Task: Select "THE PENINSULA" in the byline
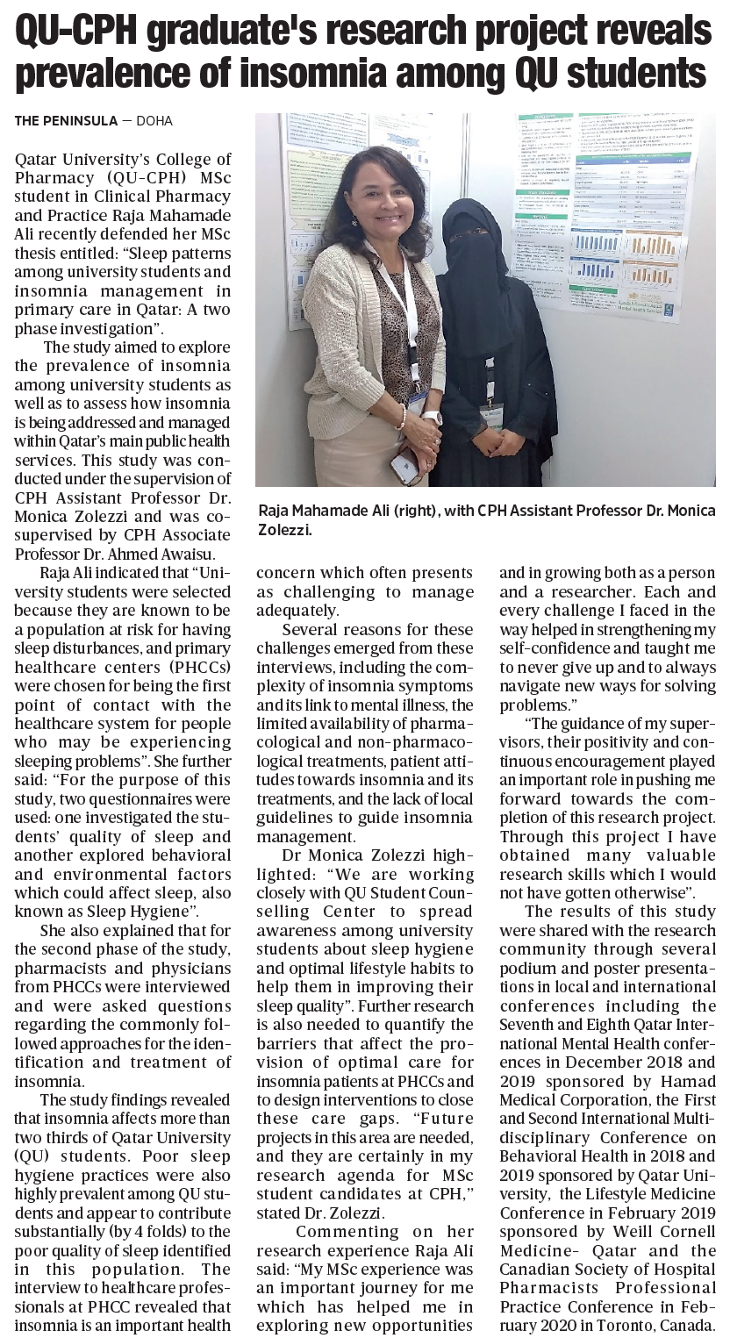[x=65, y=121]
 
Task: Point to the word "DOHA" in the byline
[x=155, y=121]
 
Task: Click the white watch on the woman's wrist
[x=433, y=418]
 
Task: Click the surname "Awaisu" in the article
[x=184, y=553]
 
